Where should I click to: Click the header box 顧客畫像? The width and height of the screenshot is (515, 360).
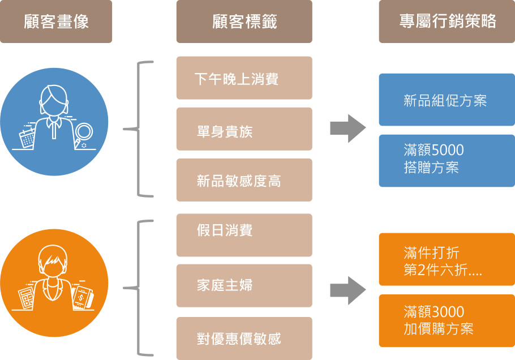[x=56, y=22]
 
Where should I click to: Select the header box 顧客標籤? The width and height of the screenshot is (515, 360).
[x=244, y=22]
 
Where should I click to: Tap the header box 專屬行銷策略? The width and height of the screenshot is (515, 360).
[x=447, y=22]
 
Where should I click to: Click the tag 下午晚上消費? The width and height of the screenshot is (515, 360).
[x=244, y=78]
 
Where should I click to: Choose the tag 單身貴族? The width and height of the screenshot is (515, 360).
[x=244, y=129]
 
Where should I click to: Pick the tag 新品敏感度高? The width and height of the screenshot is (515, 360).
[x=244, y=180]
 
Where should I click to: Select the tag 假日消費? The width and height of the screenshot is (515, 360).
[x=244, y=235]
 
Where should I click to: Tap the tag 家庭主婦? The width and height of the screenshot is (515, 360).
[x=244, y=285]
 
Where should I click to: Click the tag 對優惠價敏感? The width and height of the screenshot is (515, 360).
[x=244, y=338]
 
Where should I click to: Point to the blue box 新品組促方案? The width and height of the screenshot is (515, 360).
[x=447, y=100]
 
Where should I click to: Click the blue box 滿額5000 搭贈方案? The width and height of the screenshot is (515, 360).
[x=447, y=160]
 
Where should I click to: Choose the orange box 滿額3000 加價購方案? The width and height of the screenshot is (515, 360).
[x=447, y=320]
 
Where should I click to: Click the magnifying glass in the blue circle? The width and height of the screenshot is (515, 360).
[x=83, y=134]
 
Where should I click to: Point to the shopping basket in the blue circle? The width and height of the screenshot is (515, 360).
[x=27, y=137]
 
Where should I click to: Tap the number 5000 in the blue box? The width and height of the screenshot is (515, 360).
[x=448, y=151]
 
